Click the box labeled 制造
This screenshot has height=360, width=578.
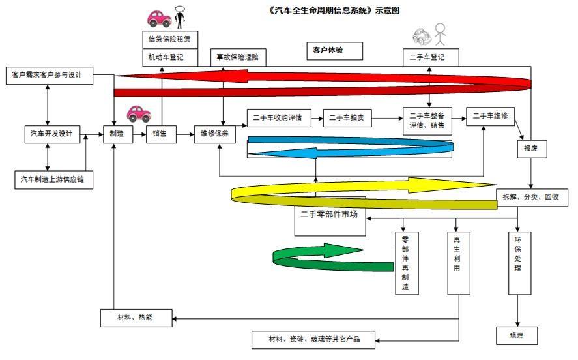118,134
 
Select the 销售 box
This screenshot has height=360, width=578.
161,134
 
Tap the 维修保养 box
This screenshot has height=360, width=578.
215,134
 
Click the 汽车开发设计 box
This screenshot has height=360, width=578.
52,134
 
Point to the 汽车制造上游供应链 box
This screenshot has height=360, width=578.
54,179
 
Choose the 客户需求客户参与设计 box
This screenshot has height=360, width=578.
50,75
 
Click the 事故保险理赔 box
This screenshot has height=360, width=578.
238,57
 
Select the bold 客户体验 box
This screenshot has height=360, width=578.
335,50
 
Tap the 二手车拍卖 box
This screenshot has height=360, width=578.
347,118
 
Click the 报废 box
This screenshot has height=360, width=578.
532,149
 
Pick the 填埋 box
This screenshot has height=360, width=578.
517,336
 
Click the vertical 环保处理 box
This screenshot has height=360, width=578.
520,263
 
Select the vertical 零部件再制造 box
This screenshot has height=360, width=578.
407,263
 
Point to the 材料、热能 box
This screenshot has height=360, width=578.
136,318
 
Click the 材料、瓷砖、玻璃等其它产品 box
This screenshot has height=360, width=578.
313,340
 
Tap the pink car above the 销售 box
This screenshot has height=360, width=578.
139,114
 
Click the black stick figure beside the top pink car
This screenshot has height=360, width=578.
180,18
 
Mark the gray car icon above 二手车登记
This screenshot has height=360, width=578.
422,36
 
